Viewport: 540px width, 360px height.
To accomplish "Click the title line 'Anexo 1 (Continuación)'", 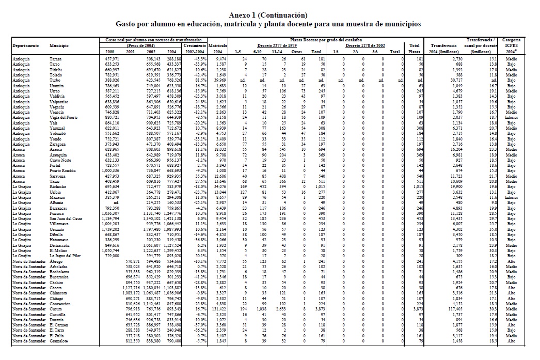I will [x=269, y=14].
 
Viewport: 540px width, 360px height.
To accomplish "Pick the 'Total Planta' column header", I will [x=414, y=49].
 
